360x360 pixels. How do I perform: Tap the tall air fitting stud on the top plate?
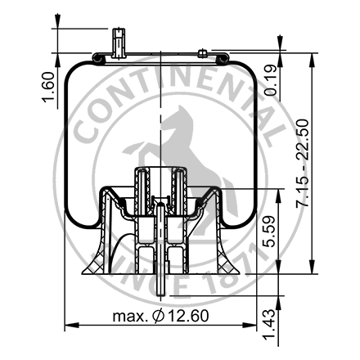[119, 41]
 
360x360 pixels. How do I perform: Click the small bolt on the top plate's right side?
[201, 55]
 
